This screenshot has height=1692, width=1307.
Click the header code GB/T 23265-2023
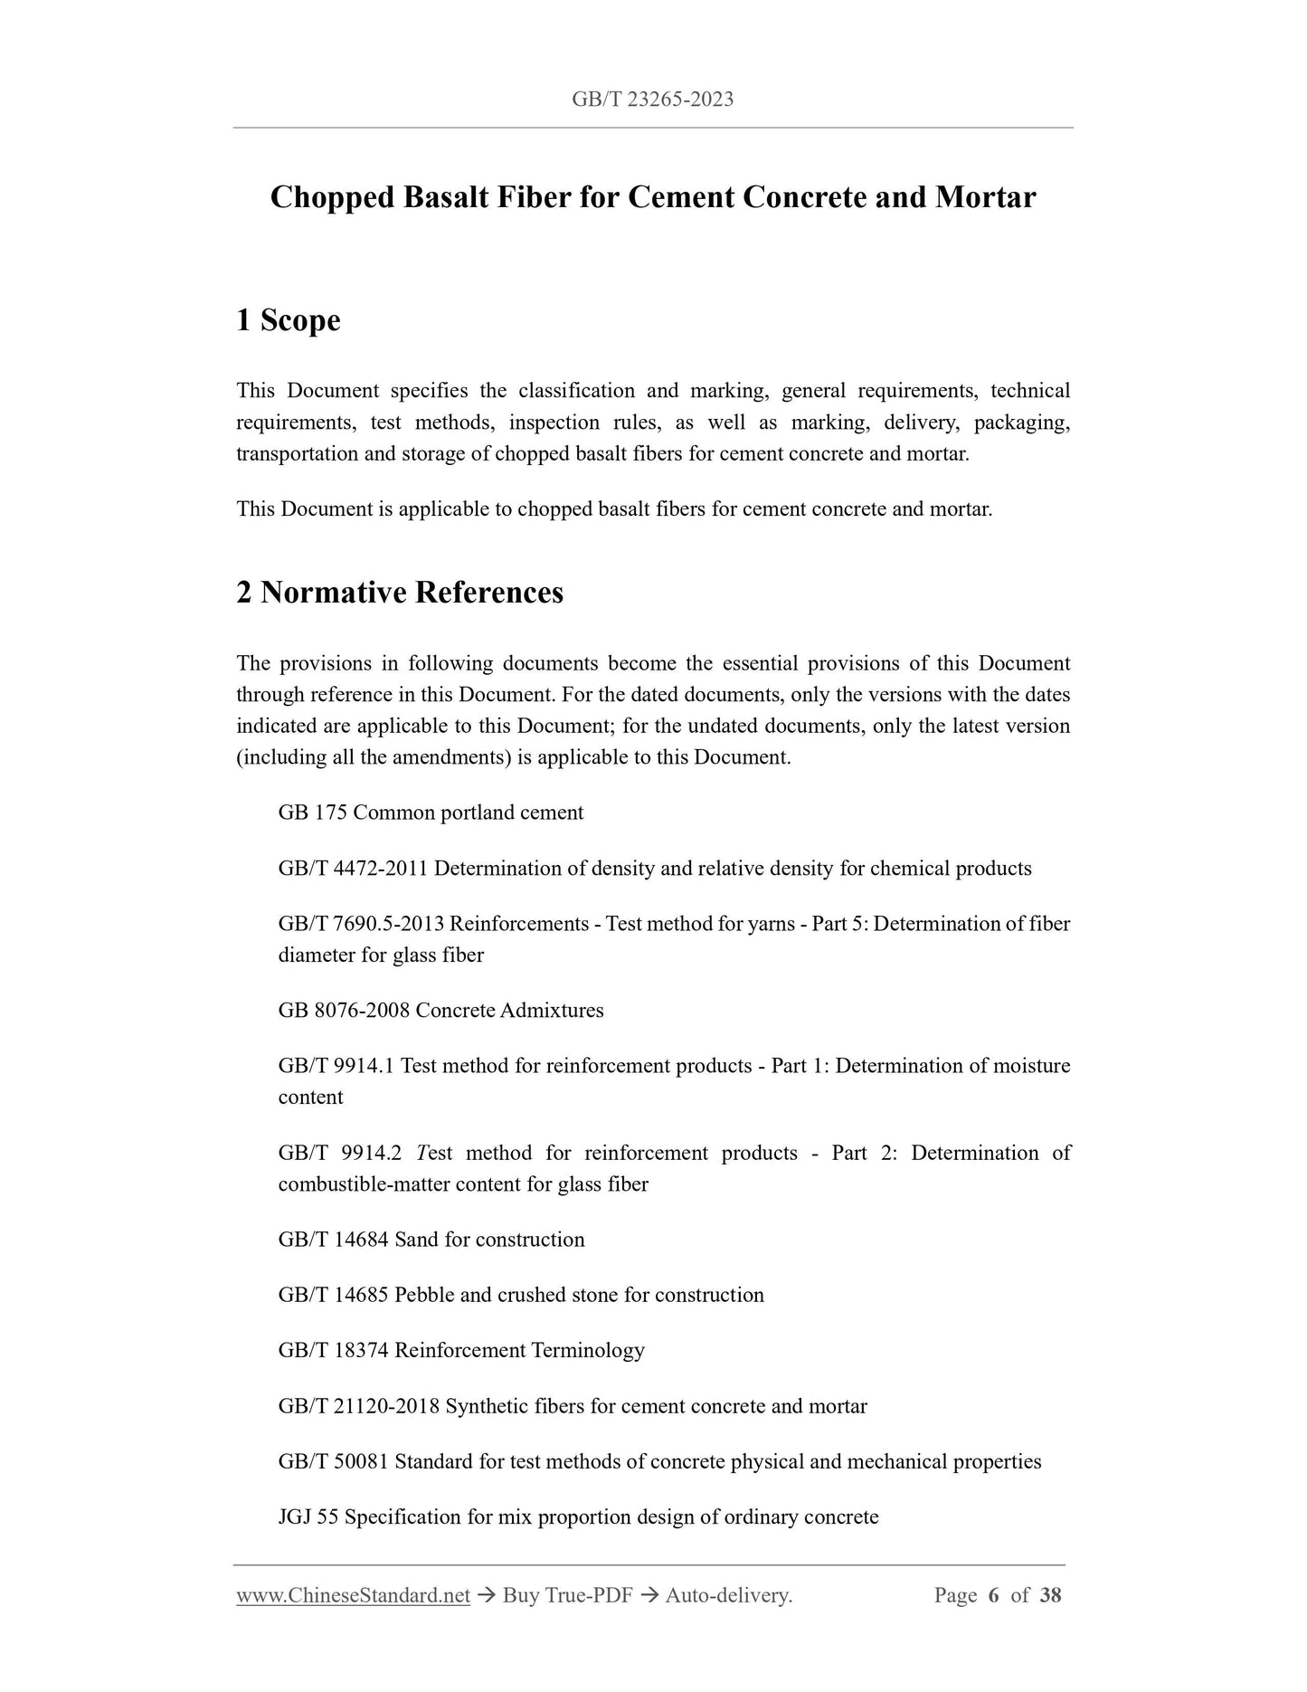(x=652, y=100)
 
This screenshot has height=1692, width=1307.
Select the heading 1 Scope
(x=288, y=320)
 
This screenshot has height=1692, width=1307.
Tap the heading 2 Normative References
(x=399, y=593)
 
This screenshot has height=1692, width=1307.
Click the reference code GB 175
(x=313, y=813)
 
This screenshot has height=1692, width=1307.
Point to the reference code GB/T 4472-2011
(x=353, y=869)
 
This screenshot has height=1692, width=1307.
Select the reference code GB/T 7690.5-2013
(x=361, y=924)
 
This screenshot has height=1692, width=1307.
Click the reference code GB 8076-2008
(x=344, y=1011)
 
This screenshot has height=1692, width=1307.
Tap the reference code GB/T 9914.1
(x=336, y=1066)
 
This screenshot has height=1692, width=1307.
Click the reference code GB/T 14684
(x=334, y=1240)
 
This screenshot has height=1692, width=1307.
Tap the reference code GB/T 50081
(x=334, y=1462)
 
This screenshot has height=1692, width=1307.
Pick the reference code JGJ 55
(x=308, y=1517)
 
